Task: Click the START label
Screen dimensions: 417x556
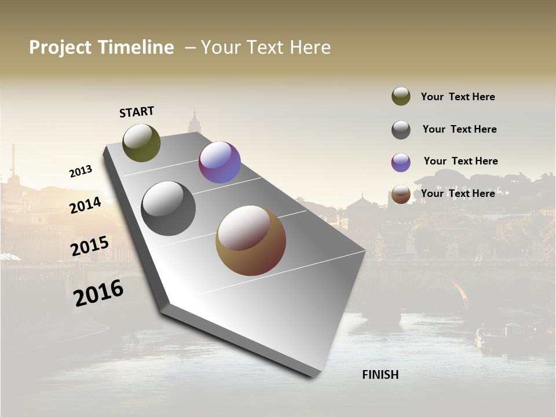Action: [137, 112]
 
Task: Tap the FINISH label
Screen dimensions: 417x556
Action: [381, 375]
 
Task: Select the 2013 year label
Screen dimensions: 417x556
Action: [81, 171]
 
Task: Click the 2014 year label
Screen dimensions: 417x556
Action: [86, 205]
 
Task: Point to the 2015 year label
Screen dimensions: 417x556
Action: [90, 246]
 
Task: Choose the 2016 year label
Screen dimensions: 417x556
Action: [98, 292]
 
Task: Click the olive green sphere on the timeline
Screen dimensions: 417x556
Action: [142, 142]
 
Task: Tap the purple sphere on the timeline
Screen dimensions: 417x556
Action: [220, 162]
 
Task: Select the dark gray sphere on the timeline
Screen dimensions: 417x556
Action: [169, 209]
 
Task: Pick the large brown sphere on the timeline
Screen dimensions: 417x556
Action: [251, 240]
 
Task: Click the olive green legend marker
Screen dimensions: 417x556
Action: [401, 96]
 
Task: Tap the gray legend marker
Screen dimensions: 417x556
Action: [401, 130]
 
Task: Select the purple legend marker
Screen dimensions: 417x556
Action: [401, 162]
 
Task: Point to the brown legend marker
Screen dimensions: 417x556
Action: [401, 194]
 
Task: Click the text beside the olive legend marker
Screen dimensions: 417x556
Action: [458, 97]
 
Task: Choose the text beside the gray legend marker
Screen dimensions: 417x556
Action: [459, 129]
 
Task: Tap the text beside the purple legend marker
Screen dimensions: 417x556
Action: [460, 161]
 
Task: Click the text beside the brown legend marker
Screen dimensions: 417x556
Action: [458, 193]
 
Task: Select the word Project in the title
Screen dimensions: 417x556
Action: [60, 47]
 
